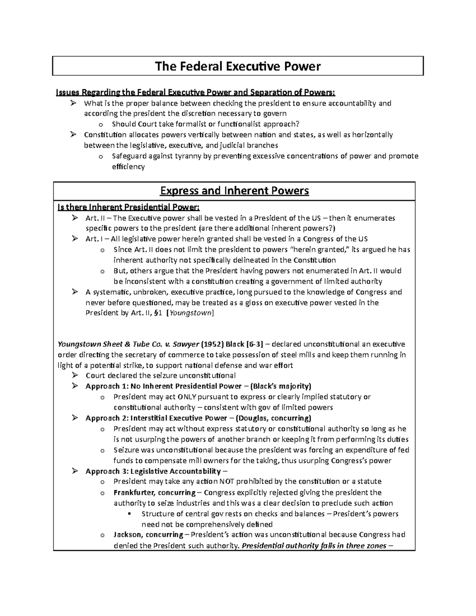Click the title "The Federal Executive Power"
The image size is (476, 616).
(238, 66)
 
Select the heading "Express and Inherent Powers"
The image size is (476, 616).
(234, 191)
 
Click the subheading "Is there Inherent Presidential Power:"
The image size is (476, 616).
(129, 207)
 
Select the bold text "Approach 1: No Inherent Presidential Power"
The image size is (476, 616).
(163, 386)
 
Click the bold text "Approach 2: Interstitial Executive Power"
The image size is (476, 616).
(157, 418)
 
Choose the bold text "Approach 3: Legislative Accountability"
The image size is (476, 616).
(153, 471)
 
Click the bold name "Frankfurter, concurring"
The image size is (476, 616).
(154, 493)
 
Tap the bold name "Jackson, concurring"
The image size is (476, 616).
(148, 535)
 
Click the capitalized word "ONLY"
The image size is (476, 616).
(186, 397)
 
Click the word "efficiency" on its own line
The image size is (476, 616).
(128, 167)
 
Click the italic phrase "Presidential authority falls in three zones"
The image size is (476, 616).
(314, 545)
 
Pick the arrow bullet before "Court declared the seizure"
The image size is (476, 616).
(75, 375)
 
